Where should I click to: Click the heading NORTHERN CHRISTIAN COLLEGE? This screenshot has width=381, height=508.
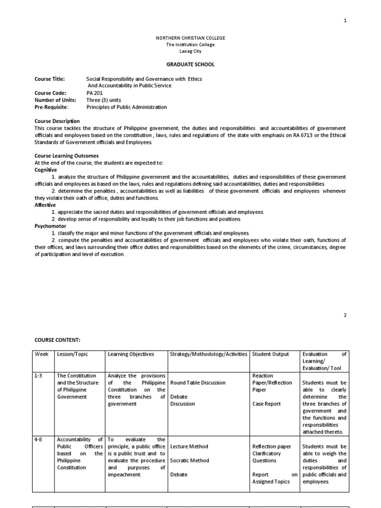(190, 38)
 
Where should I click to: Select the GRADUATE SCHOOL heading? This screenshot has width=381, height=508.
(190, 64)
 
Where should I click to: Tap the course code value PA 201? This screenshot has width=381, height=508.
(94, 93)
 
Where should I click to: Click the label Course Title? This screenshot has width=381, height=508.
(50, 79)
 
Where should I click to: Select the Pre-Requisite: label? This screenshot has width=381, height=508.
(52, 107)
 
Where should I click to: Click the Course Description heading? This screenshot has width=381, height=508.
(57, 121)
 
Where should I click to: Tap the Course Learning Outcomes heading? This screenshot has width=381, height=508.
(66, 156)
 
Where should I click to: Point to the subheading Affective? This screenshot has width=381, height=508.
(45, 205)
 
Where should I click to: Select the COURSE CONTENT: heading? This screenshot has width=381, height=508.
(58, 340)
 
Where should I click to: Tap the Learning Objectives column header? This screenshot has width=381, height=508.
(131, 354)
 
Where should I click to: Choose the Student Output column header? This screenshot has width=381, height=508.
(273, 354)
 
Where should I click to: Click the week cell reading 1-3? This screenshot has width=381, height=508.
(39, 376)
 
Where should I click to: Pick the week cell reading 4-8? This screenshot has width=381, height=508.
(39, 440)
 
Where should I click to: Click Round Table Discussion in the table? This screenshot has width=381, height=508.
(197, 383)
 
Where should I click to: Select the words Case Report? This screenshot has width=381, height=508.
(266, 404)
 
